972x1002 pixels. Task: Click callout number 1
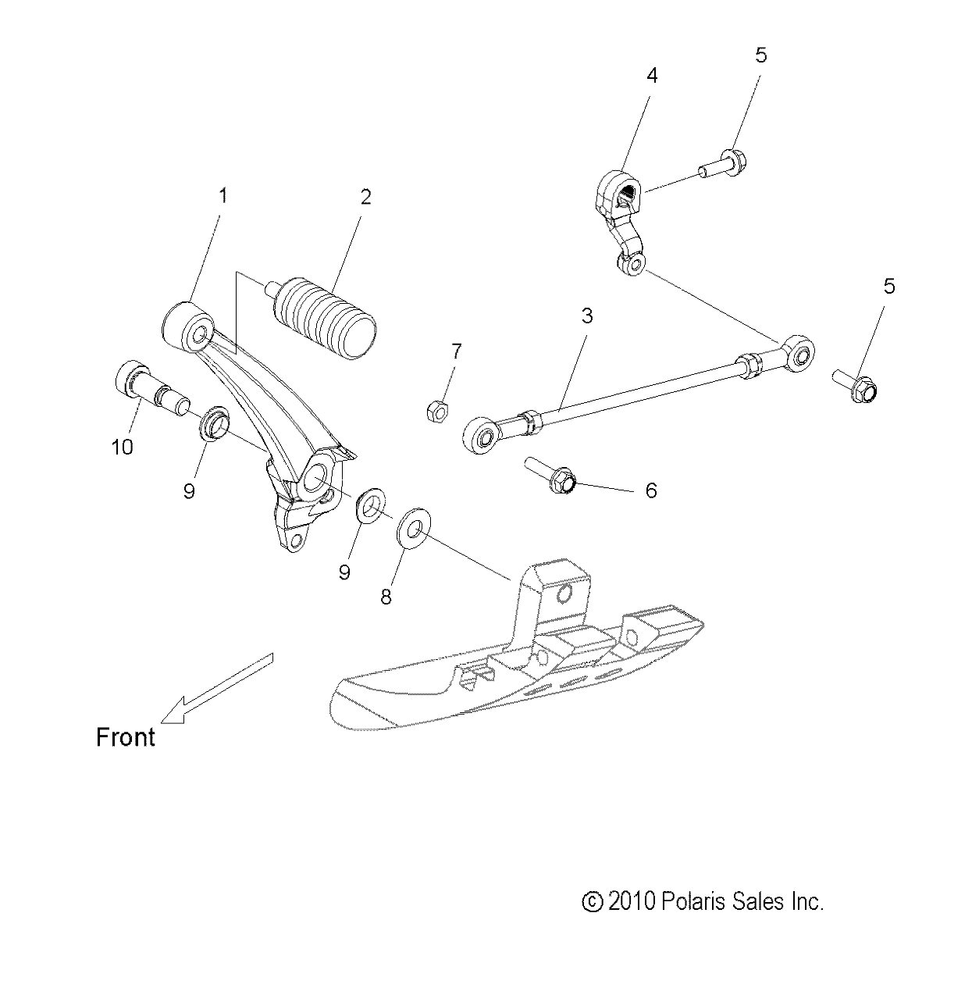pos(223,196)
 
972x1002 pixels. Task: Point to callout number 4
pos(651,76)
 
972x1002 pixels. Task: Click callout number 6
pos(651,490)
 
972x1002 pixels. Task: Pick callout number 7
pos(457,351)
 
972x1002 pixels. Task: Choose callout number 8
pos(386,597)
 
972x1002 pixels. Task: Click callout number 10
pos(122,447)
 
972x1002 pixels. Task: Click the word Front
pos(125,737)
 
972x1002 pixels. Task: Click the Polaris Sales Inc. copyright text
pos(703,902)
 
